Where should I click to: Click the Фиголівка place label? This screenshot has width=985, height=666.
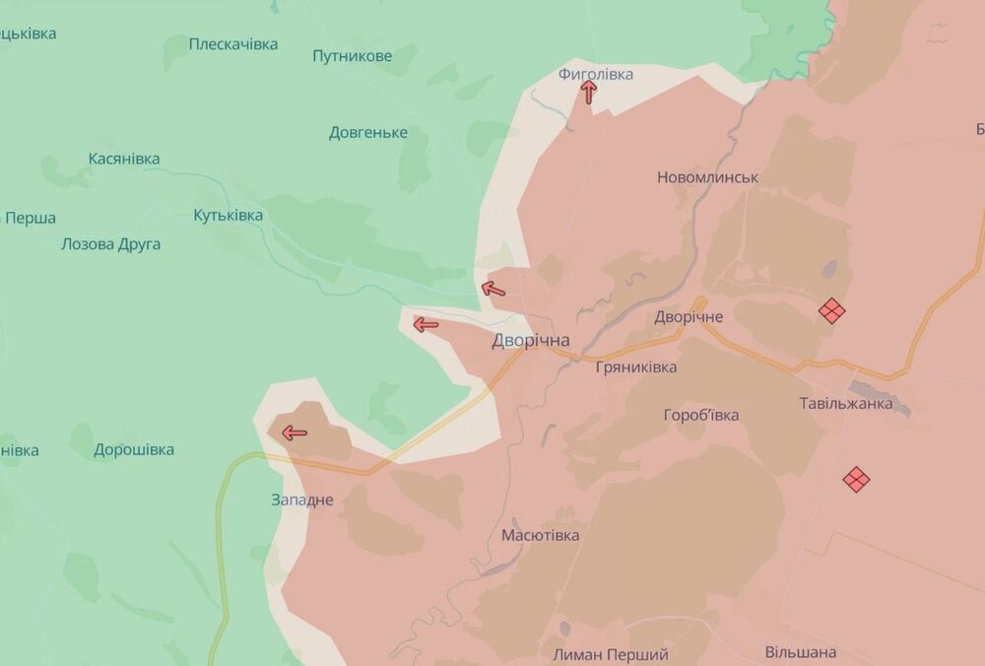595,74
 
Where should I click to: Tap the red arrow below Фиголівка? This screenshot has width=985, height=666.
589,93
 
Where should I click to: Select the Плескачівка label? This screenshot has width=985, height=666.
233,43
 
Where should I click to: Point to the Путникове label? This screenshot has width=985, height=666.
352,56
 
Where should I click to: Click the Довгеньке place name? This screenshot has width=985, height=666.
367,133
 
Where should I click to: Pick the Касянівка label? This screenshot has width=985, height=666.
123,159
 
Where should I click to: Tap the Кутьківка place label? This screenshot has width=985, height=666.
228,215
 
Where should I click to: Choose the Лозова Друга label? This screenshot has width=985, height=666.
110,244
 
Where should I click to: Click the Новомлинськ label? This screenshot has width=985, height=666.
707,177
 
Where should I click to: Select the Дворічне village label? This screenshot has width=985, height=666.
689,317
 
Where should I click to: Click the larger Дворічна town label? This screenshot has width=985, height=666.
531,340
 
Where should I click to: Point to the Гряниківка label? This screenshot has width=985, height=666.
636,366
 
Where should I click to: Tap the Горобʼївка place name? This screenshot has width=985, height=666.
701,415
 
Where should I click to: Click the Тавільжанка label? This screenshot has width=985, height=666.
846,403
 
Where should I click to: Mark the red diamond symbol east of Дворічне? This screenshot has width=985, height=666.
832,310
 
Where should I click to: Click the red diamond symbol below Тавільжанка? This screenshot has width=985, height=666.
856,479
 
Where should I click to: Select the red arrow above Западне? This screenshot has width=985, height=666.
294,432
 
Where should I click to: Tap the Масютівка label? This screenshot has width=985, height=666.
540,535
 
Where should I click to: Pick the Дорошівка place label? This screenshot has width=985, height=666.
134,450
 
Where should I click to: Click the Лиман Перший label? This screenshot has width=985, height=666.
611,654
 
